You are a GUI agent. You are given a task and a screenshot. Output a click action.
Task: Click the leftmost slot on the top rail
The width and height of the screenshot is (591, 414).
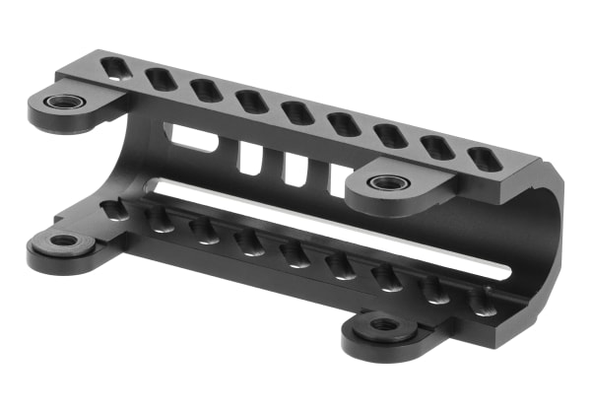114,68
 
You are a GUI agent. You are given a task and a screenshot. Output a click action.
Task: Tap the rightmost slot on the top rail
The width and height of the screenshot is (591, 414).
484,159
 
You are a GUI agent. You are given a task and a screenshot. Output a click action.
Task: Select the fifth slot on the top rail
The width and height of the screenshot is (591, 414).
297,112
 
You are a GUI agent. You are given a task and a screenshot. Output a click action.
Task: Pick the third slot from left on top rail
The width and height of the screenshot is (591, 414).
206,91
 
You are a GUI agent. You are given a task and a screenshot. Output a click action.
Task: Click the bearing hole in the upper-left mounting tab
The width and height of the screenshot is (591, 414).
65,102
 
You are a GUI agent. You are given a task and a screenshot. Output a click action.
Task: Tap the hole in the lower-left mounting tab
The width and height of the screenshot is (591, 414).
63,241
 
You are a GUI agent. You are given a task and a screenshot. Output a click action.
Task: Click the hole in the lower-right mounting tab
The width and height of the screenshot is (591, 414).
385,323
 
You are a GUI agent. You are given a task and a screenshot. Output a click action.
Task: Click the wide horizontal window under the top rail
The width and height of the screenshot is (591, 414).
193,138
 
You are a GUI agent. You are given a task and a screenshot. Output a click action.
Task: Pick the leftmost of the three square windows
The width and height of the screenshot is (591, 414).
251,157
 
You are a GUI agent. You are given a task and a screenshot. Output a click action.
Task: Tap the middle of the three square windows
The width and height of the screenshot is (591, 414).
295,168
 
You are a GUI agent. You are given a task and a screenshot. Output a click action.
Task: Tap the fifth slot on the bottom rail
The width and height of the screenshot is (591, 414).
294,255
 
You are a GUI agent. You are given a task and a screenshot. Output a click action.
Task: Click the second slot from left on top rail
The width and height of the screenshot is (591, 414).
161,79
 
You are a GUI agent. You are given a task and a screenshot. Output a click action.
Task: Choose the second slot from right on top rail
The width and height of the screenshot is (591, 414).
437,147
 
